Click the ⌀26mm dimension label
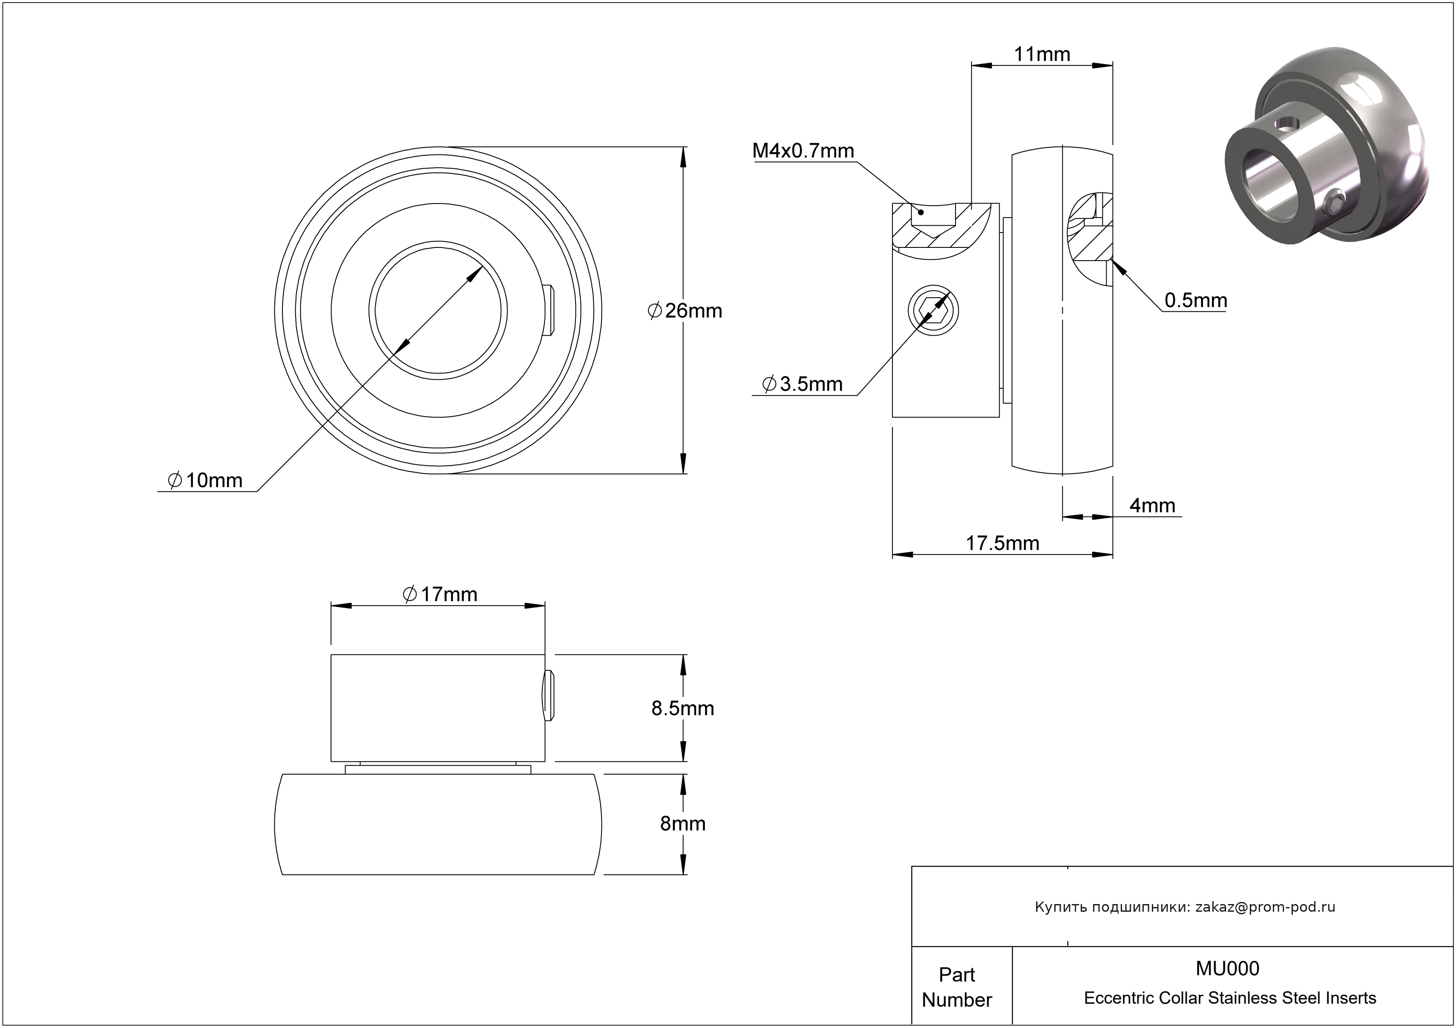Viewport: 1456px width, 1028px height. (685, 310)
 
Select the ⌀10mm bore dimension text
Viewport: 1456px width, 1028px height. (205, 480)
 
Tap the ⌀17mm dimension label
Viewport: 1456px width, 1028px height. (440, 594)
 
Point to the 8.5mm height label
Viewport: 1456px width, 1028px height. (682, 708)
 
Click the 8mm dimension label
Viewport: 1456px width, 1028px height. (682, 823)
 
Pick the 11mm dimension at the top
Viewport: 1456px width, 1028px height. (1042, 55)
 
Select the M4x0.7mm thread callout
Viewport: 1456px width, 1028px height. (803, 151)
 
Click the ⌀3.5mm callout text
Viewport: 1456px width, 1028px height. (802, 384)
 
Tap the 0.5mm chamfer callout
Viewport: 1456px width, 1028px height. (1195, 300)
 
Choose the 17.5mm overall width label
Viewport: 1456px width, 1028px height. (1002, 543)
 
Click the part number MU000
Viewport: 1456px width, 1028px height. (1227, 968)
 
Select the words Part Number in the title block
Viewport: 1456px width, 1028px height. (956, 987)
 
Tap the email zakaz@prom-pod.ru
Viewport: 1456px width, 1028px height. (1264, 907)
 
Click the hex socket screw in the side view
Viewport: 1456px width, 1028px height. (933, 310)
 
